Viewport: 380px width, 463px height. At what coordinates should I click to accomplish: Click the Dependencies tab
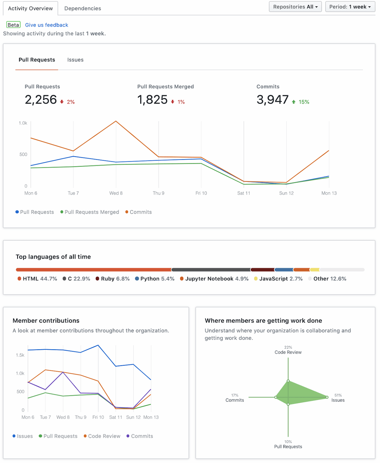[x=83, y=9]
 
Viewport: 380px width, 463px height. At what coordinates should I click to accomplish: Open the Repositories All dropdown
[x=295, y=7]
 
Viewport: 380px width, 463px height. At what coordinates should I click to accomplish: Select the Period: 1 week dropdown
[x=350, y=7]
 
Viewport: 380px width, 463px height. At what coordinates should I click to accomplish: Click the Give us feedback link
[x=47, y=25]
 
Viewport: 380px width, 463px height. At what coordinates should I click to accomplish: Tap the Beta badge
[x=13, y=25]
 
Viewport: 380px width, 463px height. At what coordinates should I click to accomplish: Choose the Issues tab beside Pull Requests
[x=75, y=60]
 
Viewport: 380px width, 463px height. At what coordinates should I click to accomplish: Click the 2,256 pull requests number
[x=41, y=100]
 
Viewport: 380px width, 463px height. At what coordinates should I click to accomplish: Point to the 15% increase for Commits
[x=304, y=102]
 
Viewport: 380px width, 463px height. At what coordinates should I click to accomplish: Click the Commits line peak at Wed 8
[x=116, y=121]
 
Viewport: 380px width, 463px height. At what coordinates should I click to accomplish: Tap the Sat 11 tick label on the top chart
[x=244, y=193]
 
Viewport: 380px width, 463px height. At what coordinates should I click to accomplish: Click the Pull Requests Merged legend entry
[x=92, y=212]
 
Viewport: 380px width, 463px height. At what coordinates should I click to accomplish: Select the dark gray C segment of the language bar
[x=211, y=270]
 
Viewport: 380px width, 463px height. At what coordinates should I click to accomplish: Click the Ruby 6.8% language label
[x=115, y=279]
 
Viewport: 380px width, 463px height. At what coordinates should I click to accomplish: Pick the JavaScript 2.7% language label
[x=281, y=279]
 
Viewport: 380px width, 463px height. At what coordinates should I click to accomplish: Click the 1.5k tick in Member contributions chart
[x=20, y=355]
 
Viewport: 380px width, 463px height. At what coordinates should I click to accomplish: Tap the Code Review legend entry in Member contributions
[x=104, y=436]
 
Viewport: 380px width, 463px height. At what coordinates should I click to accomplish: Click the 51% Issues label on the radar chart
[x=338, y=398]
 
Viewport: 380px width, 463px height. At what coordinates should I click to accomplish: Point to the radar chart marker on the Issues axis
[x=327, y=397]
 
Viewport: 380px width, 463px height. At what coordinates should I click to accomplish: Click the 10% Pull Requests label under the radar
[x=288, y=444]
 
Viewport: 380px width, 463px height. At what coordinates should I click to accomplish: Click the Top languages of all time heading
[x=53, y=257]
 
